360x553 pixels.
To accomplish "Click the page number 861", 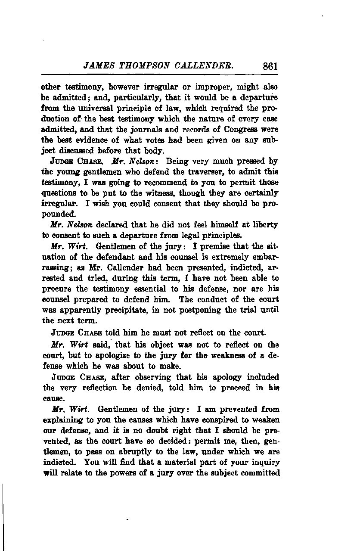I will coord(270,66).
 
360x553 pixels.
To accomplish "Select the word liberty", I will coord(264,225).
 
